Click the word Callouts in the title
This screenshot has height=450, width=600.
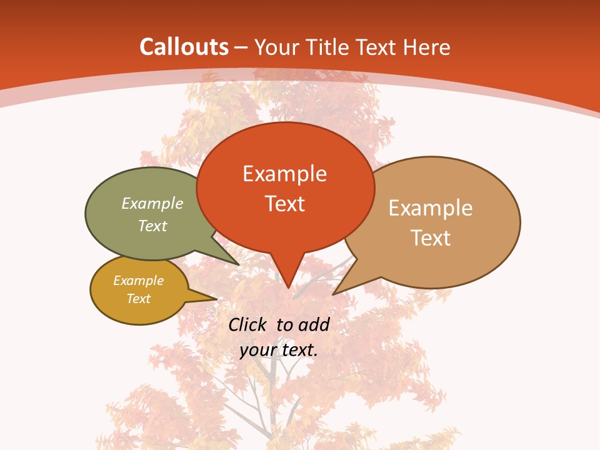(x=184, y=47)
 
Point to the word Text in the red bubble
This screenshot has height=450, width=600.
(x=284, y=203)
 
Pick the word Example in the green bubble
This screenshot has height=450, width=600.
(x=152, y=203)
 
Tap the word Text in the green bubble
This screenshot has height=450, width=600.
(x=152, y=226)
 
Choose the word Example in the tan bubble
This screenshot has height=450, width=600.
(x=431, y=207)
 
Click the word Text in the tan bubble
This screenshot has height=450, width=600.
(x=431, y=237)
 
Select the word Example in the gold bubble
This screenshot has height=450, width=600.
(x=138, y=281)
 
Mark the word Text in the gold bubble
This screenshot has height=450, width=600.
(x=138, y=299)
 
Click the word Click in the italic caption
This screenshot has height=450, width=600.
(x=247, y=324)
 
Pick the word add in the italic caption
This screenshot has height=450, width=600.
(x=314, y=324)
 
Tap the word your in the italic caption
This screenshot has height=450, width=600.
(x=257, y=350)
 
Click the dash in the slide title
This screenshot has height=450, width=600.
(x=241, y=47)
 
